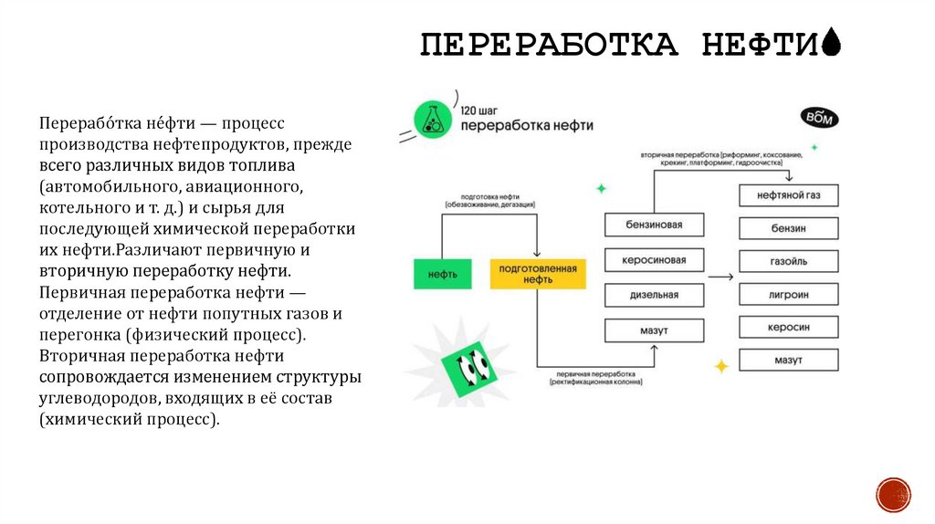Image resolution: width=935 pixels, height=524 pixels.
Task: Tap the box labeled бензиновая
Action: tap(654, 225)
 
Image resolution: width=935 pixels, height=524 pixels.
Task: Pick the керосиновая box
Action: tap(654, 260)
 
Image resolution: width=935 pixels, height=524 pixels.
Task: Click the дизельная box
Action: tap(654, 295)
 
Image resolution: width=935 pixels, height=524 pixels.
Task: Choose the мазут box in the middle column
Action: tap(654, 330)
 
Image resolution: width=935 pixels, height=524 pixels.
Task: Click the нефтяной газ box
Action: tap(788, 195)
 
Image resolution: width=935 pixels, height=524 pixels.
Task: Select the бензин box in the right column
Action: tap(788, 228)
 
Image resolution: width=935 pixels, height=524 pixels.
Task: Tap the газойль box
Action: tap(788, 261)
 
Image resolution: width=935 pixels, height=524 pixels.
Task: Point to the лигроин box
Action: tap(788, 294)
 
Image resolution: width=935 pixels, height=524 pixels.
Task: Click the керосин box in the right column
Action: tap(788, 327)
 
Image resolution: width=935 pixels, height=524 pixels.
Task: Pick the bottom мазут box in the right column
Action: tap(788, 360)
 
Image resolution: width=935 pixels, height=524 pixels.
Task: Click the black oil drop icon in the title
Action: tap(831, 42)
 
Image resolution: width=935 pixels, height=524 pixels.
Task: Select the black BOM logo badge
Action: tap(818, 118)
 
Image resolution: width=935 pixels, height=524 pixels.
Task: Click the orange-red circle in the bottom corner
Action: tap(892, 494)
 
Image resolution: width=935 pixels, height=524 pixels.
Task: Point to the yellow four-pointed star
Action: tap(721, 366)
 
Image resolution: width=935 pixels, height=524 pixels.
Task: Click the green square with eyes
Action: tap(469, 366)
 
